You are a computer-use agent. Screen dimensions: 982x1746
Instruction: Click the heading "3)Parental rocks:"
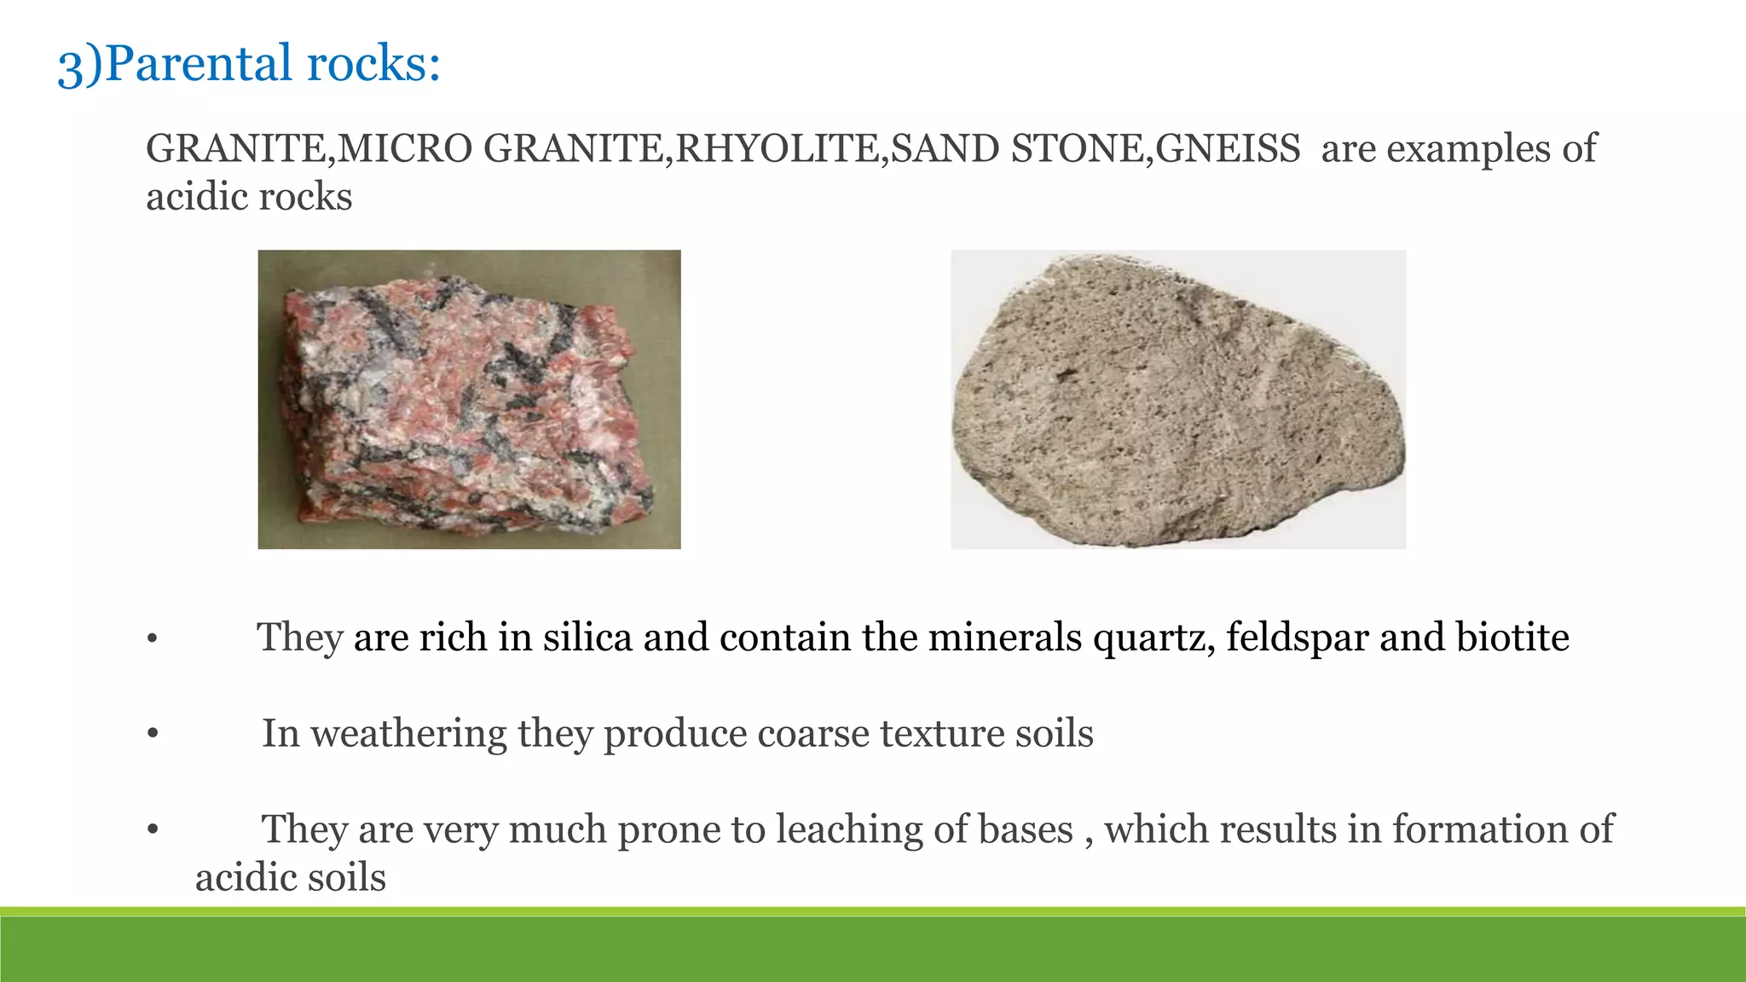point(249,64)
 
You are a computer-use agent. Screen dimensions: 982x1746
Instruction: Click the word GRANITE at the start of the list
point(237,149)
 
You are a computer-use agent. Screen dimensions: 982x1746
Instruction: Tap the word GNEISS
point(1228,149)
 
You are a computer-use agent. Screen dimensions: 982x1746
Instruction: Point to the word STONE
point(1076,149)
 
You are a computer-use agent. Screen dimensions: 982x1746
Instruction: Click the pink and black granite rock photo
point(469,399)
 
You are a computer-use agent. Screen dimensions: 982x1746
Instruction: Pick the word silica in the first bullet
point(587,638)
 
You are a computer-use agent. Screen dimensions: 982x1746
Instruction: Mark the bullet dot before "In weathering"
point(153,735)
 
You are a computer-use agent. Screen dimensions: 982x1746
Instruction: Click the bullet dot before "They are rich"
point(152,638)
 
